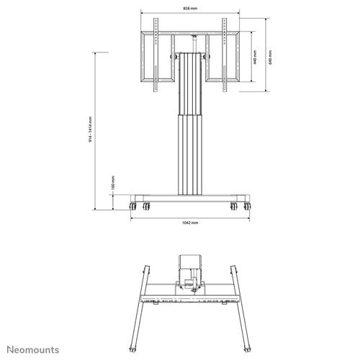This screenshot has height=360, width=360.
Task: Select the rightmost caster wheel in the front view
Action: pyautogui.click(x=248, y=207)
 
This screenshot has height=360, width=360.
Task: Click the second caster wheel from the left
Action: pyautogui.click(x=148, y=207)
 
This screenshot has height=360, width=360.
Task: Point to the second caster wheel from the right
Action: pyautogui.click(x=233, y=207)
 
